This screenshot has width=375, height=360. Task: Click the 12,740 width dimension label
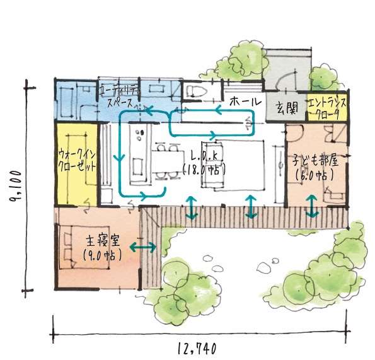tap(197, 348)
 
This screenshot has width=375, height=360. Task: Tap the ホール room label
tap(246, 102)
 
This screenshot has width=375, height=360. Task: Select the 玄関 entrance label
tap(287, 108)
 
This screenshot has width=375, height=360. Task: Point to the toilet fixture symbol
tap(196, 91)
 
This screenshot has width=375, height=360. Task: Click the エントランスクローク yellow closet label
tap(327, 108)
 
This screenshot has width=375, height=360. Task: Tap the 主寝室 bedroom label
tap(103, 241)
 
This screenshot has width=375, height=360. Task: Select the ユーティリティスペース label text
tap(120, 97)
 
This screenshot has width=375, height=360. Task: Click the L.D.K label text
tap(204, 156)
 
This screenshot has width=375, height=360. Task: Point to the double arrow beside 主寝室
tap(143, 247)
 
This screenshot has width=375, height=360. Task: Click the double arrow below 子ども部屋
tap(312, 206)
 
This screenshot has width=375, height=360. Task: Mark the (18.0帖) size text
tap(204, 171)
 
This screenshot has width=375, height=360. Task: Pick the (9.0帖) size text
tap(103, 255)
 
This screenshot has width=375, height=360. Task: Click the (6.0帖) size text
tap(314, 175)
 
